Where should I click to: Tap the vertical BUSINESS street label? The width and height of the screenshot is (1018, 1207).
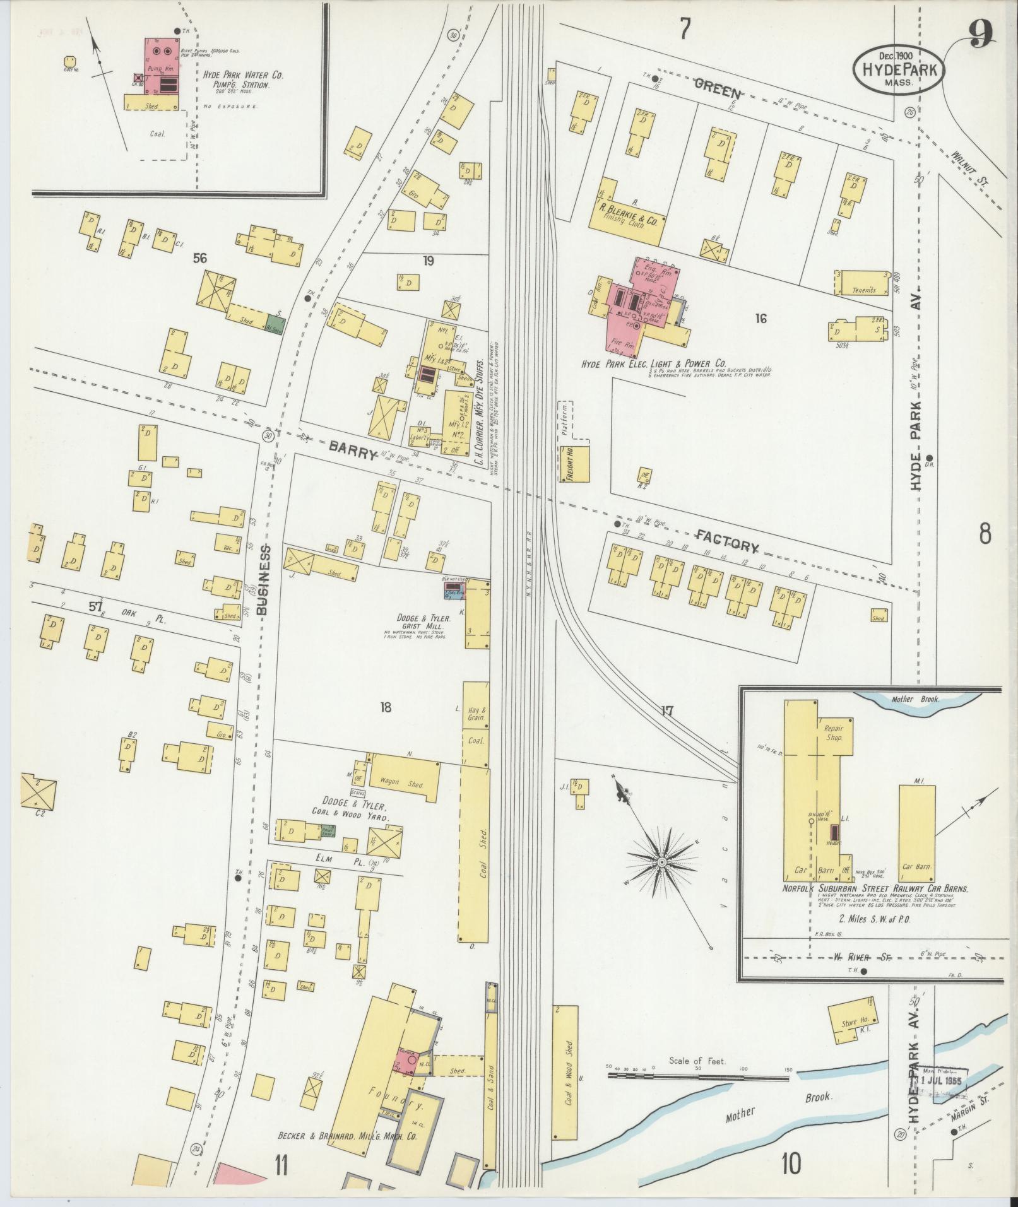click(263, 580)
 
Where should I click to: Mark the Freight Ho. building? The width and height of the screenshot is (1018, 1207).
click(574, 465)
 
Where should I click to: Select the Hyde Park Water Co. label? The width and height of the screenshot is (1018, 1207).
click(243, 75)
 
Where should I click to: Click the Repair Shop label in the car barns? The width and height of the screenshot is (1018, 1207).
click(834, 733)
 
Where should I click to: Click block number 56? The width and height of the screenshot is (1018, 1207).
click(201, 257)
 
